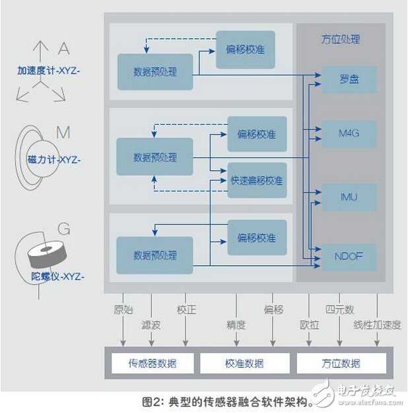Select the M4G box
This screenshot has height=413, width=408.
(349, 134)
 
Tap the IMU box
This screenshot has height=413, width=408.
(349, 197)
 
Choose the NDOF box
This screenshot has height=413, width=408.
(349, 256)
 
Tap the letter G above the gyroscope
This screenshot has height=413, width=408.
(64, 230)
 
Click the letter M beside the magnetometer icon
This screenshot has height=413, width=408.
(63, 133)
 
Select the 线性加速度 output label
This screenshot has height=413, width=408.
(377, 324)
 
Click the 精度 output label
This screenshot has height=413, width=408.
(236, 324)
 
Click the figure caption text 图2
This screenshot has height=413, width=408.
(154, 401)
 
